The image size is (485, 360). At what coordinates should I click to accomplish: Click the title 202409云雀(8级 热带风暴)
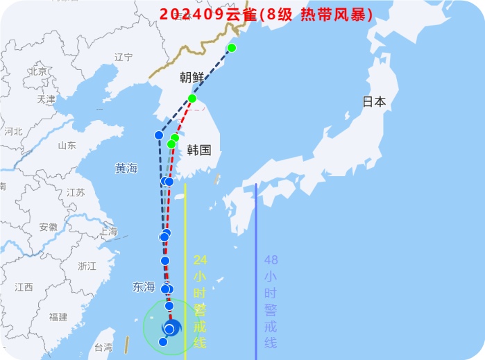(266, 14)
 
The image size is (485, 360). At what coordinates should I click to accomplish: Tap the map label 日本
(374, 101)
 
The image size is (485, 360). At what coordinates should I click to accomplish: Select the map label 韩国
(198, 150)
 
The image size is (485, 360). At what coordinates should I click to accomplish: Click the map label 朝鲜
(192, 78)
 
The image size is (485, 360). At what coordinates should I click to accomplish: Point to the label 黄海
(126, 169)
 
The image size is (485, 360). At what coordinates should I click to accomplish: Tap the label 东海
(144, 286)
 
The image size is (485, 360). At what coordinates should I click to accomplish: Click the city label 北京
(37, 71)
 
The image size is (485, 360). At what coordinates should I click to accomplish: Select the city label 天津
(46, 100)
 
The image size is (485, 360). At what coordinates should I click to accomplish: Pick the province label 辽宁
(124, 58)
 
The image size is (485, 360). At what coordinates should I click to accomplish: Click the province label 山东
(67, 146)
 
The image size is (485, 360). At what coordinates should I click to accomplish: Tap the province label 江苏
(75, 193)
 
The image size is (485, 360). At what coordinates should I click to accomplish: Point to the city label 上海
(108, 232)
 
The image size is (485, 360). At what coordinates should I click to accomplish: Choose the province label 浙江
(87, 266)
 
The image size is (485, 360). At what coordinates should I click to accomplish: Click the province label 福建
(58, 317)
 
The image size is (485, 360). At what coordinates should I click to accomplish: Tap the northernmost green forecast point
(232, 48)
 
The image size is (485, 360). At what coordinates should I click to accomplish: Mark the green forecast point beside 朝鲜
(192, 98)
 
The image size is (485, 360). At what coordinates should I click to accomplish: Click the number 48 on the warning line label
(271, 260)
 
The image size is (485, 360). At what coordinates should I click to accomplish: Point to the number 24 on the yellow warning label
(200, 260)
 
